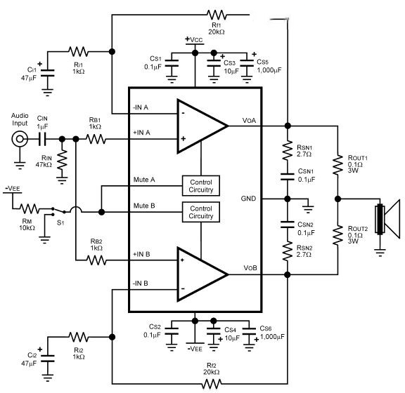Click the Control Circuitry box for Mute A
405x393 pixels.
point(201,185)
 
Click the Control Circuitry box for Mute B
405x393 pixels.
point(201,211)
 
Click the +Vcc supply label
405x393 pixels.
point(194,39)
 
